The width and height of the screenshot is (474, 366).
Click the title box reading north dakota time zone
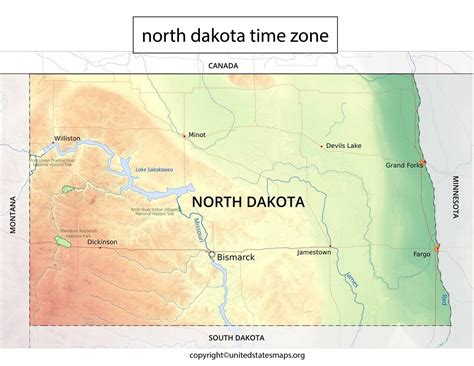coord(236,37)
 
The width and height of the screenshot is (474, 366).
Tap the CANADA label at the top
coord(223,66)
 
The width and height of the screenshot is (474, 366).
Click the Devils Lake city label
coord(343,146)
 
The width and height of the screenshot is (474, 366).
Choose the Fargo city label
coord(421,254)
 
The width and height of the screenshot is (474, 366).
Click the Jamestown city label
coord(314,252)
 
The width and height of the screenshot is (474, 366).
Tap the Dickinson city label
coord(102,242)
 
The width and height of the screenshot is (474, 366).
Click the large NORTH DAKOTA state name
coord(254,201)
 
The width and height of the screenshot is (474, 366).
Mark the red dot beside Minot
coord(184,134)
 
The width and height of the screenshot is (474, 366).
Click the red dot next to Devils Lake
coord(322,146)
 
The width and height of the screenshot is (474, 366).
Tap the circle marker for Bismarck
coord(212,255)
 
